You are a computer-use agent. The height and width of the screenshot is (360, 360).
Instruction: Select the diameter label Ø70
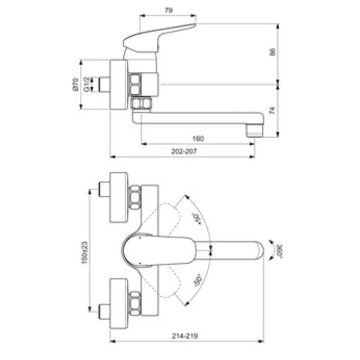75,86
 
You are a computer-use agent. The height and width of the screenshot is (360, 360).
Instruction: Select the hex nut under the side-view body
141,104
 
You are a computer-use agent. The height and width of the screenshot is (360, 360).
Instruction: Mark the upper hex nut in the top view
134,197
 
